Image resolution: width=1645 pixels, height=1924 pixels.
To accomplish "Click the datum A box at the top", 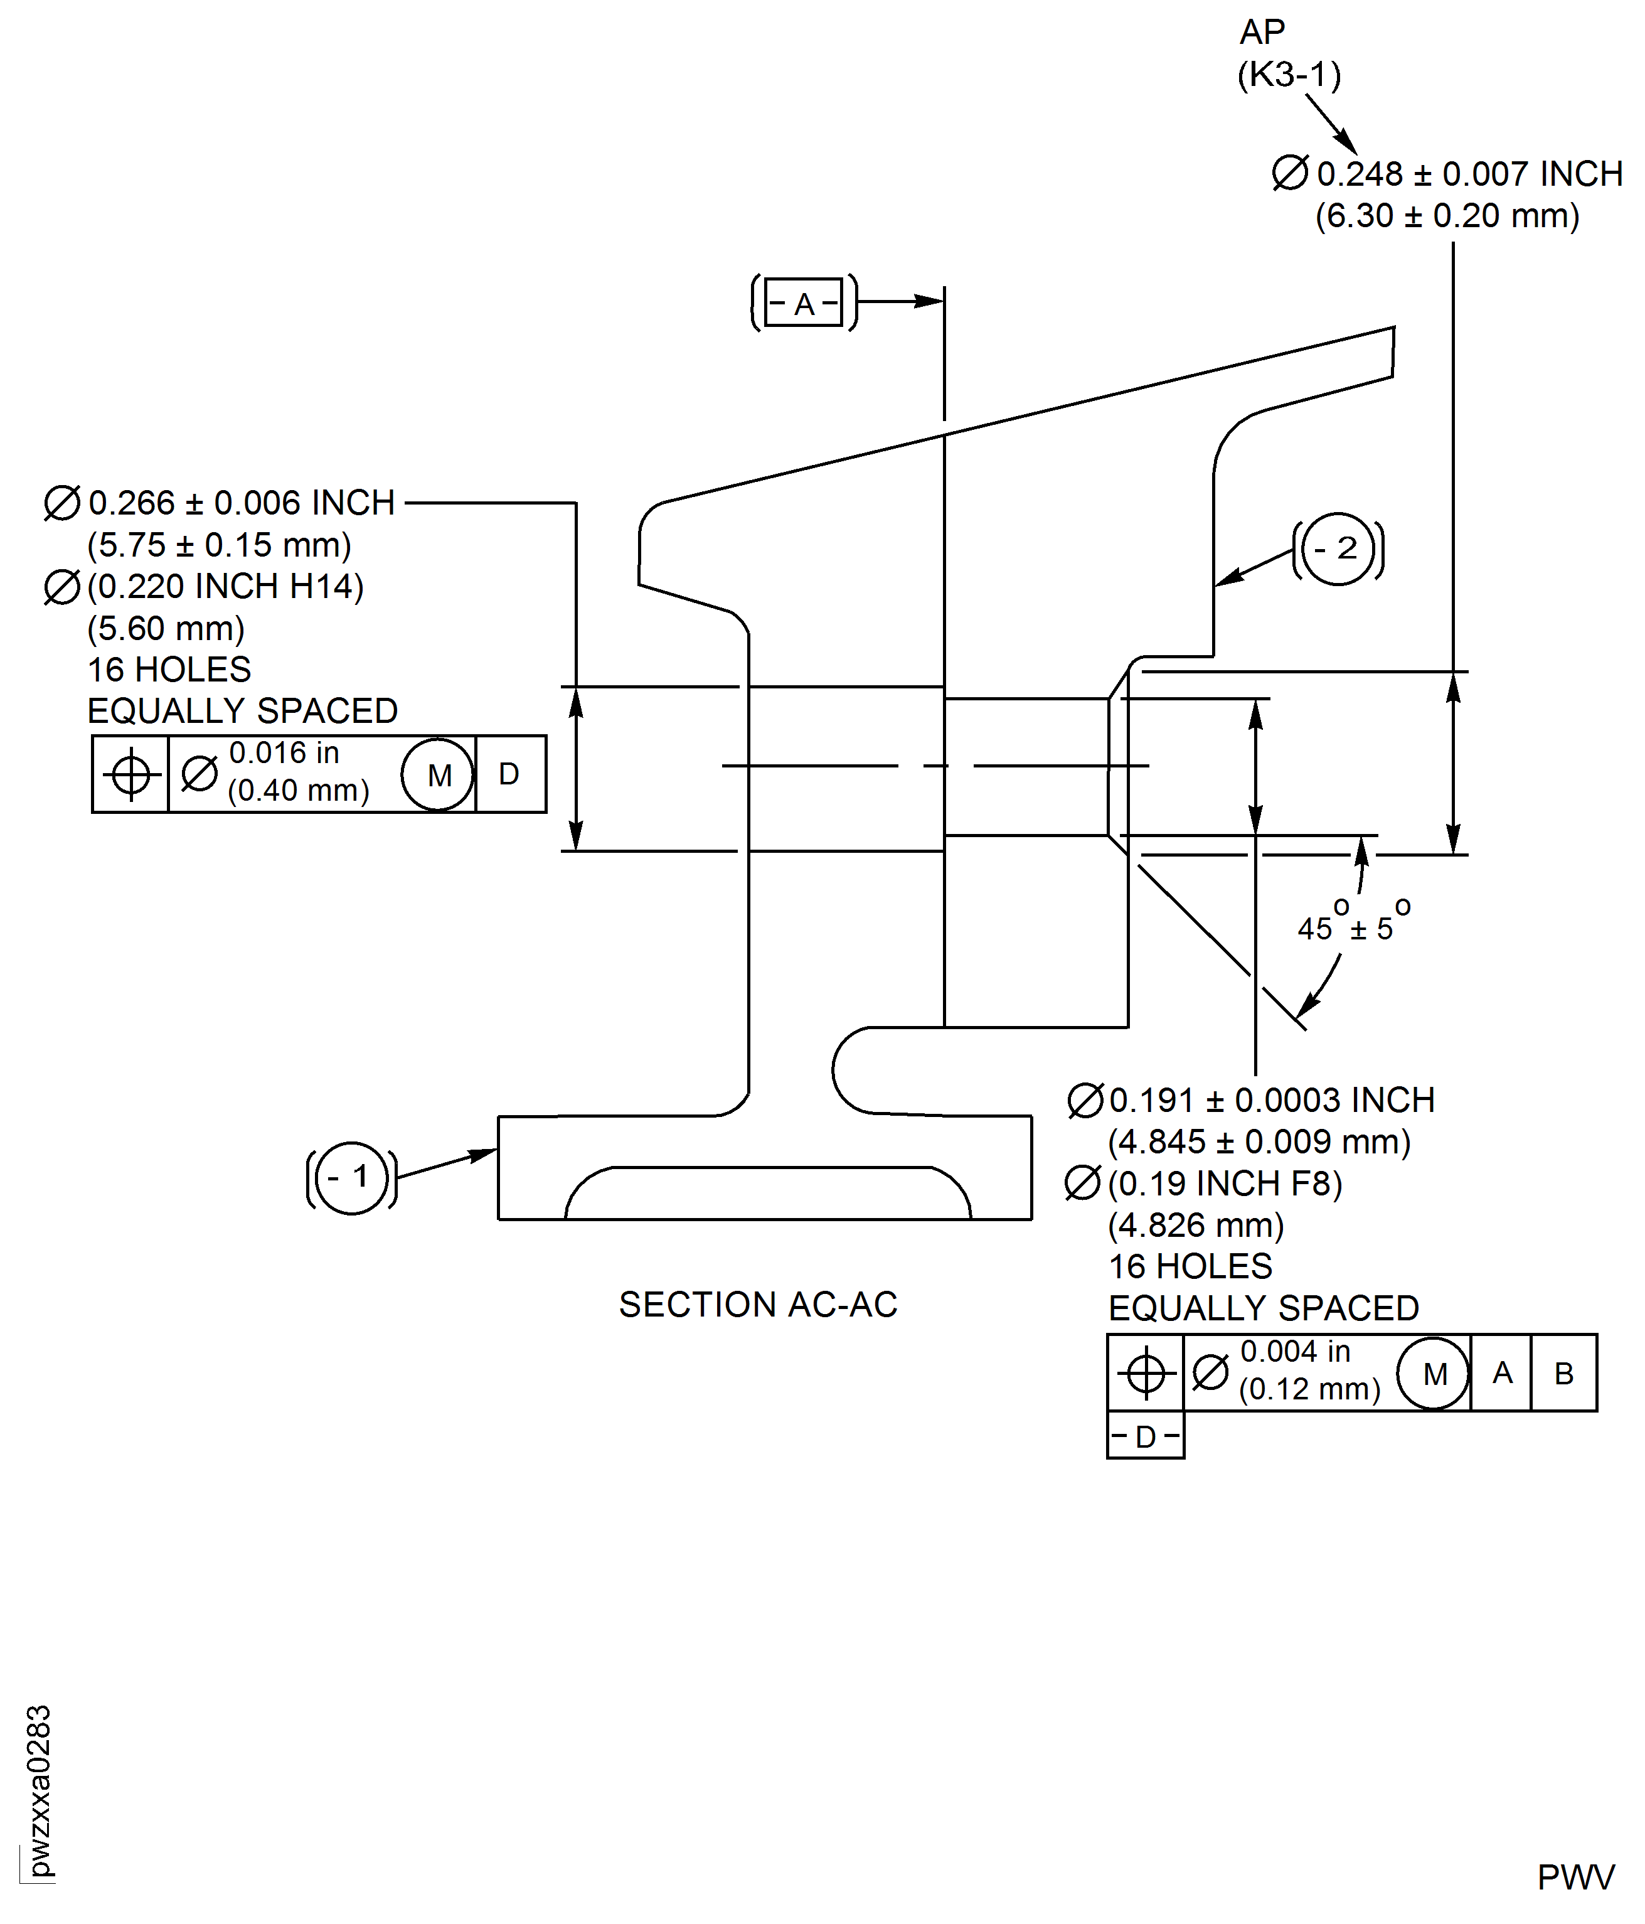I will click(x=804, y=302).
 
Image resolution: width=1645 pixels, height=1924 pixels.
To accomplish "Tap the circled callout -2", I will click(x=1338, y=549).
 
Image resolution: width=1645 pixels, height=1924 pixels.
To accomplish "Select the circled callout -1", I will click(x=352, y=1177).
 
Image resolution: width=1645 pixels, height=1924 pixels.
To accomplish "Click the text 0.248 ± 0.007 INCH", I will click(x=1469, y=174).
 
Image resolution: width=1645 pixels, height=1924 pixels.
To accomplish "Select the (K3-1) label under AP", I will click(x=1289, y=74).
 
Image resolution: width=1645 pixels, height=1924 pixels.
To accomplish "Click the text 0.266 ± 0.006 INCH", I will click(x=242, y=503).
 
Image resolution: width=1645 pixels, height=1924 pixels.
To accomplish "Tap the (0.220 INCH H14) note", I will click(x=225, y=586).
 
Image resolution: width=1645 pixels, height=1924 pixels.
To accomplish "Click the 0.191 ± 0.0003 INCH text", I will click(x=1271, y=1100).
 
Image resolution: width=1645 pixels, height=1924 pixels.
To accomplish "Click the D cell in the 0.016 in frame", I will click(x=509, y=774).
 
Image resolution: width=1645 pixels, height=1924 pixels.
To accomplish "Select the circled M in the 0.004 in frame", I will click(x=1434, y=1374).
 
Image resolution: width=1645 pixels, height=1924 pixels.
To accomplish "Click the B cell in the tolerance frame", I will click(x=1563, y=1374).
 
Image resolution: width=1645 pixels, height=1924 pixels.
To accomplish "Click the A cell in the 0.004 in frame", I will click(x=1501, y=1374).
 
